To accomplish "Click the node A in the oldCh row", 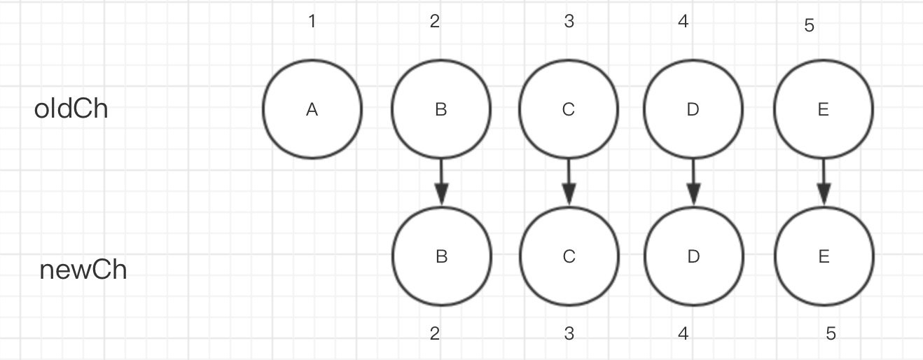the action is (312, 109).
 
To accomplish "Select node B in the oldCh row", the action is (440, 109).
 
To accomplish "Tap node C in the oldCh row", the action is (569, 109).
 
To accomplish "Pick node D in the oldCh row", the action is (693, 109).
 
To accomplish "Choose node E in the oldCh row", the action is (824, 109).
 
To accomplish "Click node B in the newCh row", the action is (441, 257).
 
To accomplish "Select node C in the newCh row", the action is (569, 257).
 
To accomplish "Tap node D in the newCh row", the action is (693, 257).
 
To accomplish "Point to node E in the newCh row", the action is (824, 257).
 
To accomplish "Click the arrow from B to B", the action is (441, 183).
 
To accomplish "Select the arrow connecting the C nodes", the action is (569, 183).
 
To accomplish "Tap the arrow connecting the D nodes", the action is (693, 183).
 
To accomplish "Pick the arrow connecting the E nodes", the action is (824, 183).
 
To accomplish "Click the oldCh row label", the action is (71, 109).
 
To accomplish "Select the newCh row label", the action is (83, 270).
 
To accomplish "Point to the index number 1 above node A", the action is (312, 22).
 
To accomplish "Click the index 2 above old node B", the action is (435, 22).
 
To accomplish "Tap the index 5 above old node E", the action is (810, 27).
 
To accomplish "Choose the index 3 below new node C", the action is (569, 333).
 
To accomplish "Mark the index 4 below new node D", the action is (683, 333).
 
